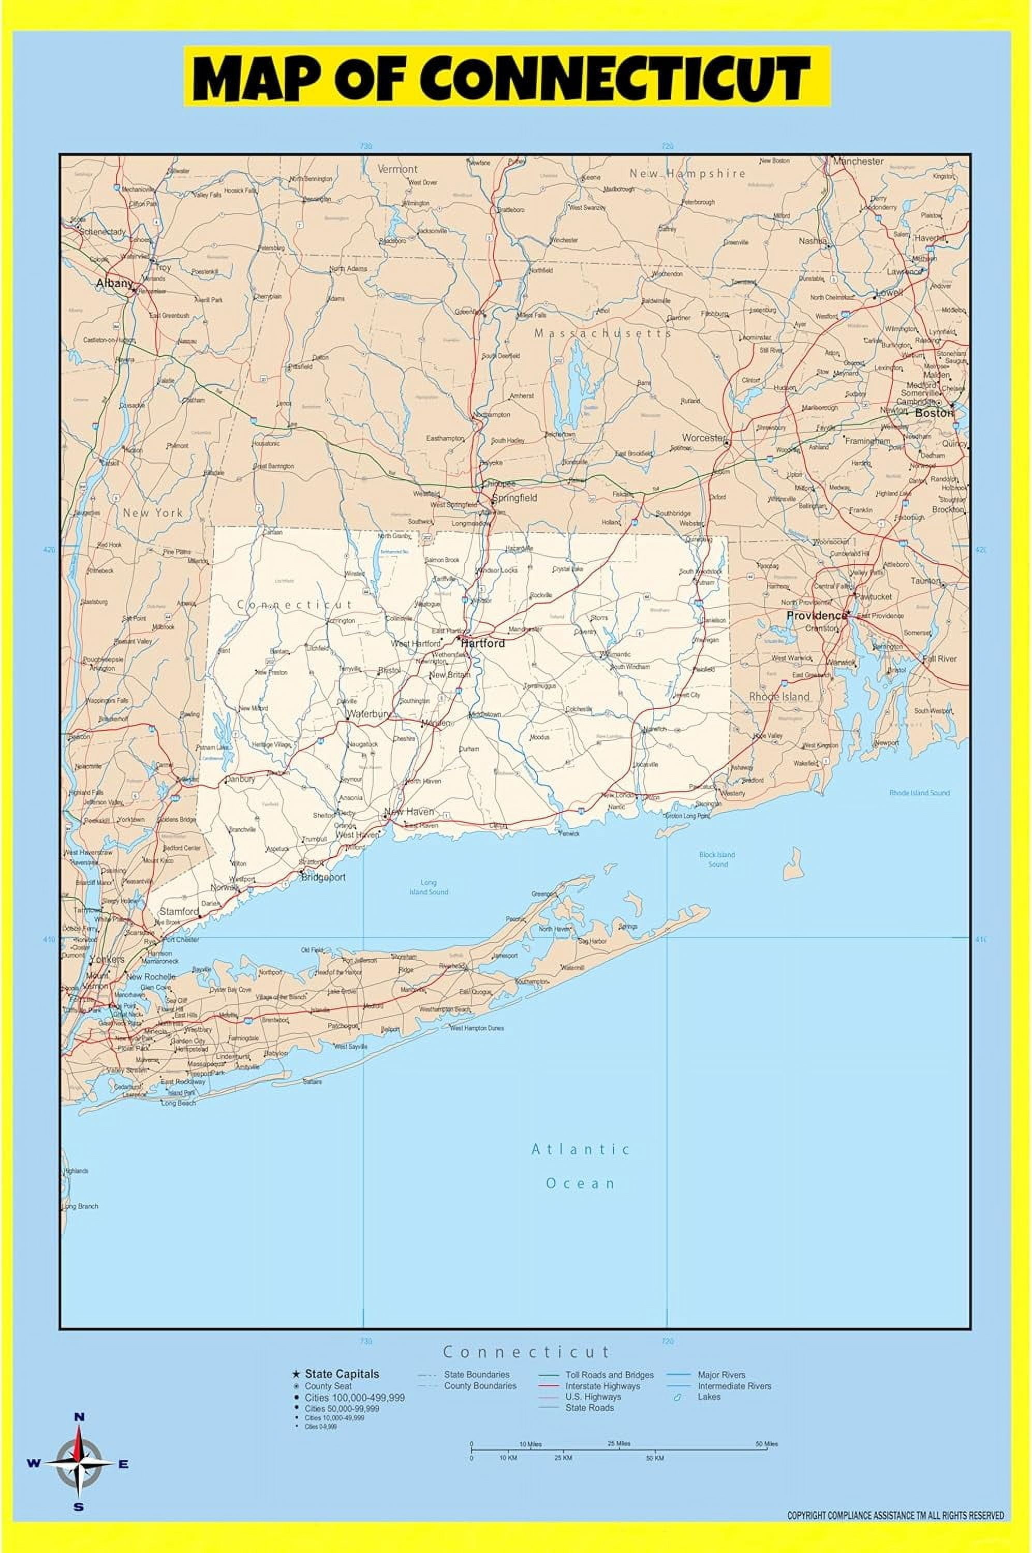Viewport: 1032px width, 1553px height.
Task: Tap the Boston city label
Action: pos(933,414)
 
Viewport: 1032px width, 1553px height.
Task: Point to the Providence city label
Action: pos(816,616)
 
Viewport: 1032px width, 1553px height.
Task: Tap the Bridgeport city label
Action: pos(323,877)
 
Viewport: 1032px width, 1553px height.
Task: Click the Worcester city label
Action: pos(703,438)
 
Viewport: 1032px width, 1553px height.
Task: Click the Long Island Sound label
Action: pos(429,887)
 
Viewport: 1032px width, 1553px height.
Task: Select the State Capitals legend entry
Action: pos(342,1374)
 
